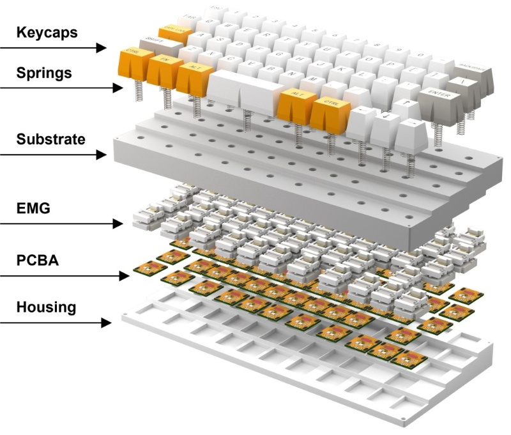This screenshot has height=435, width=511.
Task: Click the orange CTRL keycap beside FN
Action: click(x=132, y=54)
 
